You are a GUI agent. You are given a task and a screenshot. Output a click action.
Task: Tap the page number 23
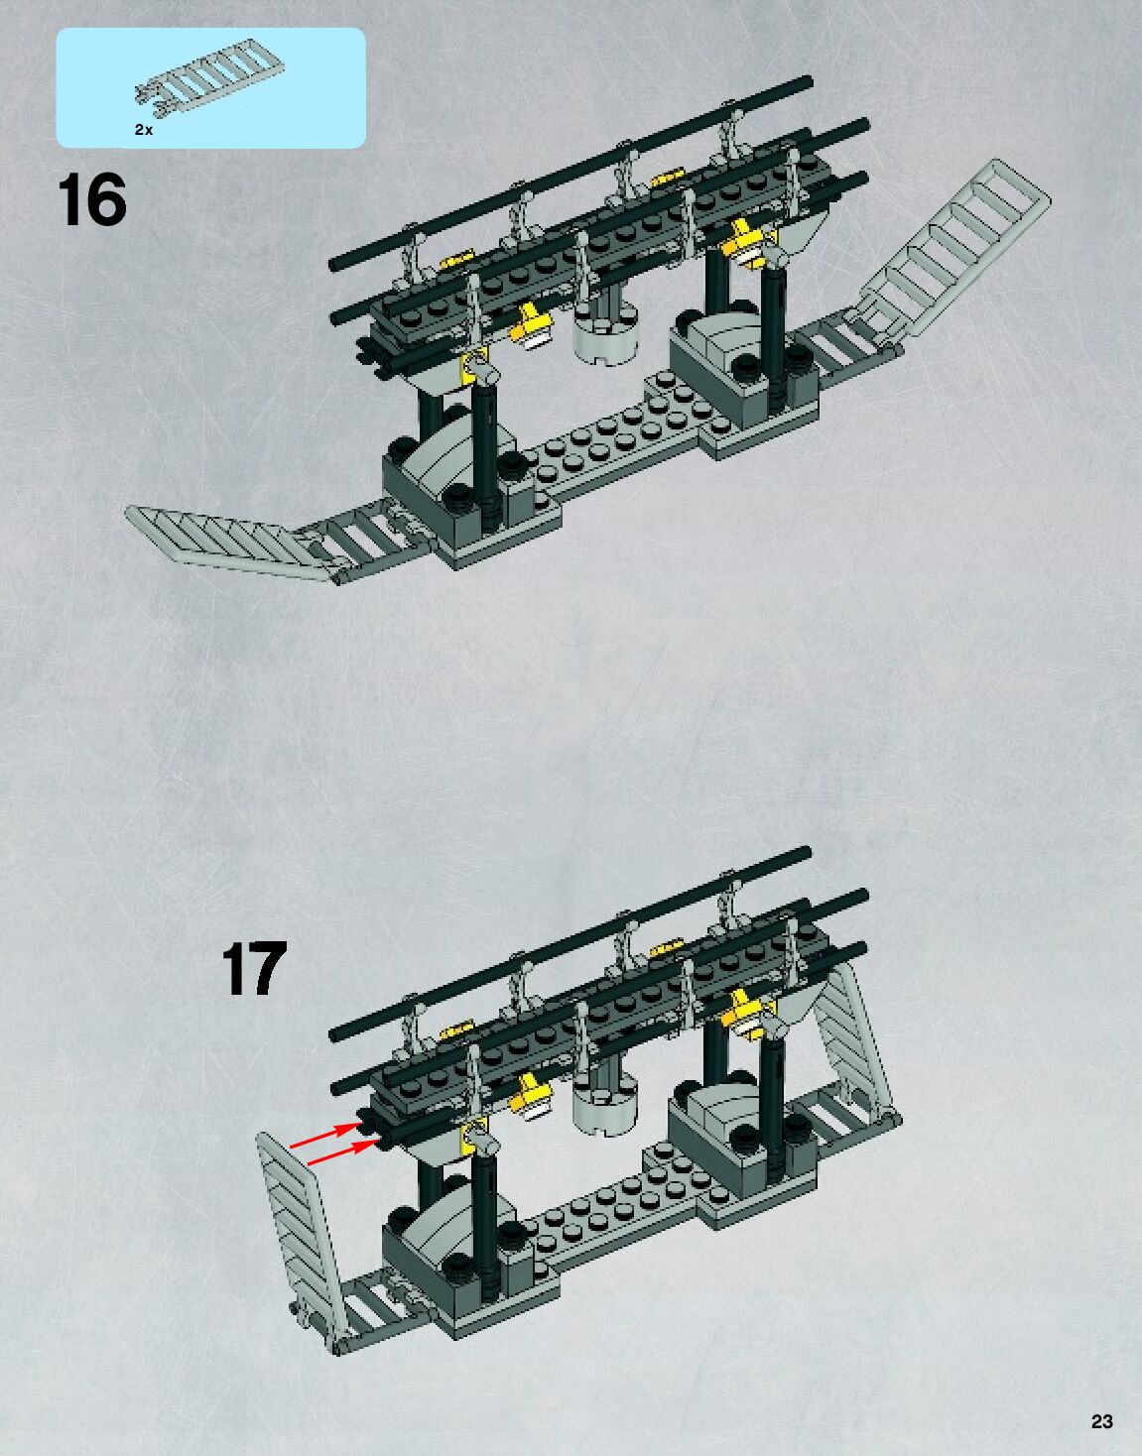coord(1101,1421)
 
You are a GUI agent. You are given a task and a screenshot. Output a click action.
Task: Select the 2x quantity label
coord(144,130)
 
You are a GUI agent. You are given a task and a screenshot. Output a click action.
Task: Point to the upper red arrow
coord(323,1138)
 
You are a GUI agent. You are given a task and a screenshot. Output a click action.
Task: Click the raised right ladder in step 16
coord(962,246)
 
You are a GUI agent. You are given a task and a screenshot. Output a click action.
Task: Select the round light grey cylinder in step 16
coord(607,332)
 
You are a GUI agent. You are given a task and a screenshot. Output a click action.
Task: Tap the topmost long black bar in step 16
coord(571,169)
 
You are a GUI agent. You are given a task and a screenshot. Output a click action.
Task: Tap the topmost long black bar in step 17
coord(571,938)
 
